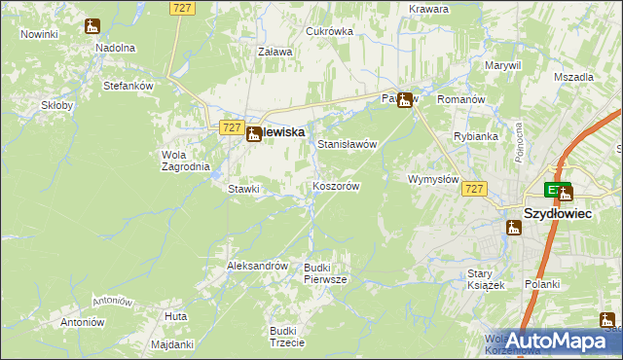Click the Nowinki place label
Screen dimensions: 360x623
39,34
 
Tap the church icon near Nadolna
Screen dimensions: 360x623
92,27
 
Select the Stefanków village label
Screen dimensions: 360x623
129,86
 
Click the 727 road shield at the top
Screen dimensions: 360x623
182,8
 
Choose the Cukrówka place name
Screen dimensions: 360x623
329,31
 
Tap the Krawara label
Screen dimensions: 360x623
429,9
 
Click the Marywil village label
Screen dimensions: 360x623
503,65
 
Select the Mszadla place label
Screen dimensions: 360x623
573,76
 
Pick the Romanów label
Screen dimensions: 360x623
461,100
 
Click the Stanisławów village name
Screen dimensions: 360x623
348,144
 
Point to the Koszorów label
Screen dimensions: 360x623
337,186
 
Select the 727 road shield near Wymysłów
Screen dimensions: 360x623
474,188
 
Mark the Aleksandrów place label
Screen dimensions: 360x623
257,266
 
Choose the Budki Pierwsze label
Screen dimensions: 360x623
325,273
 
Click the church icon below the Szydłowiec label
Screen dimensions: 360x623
514,228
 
